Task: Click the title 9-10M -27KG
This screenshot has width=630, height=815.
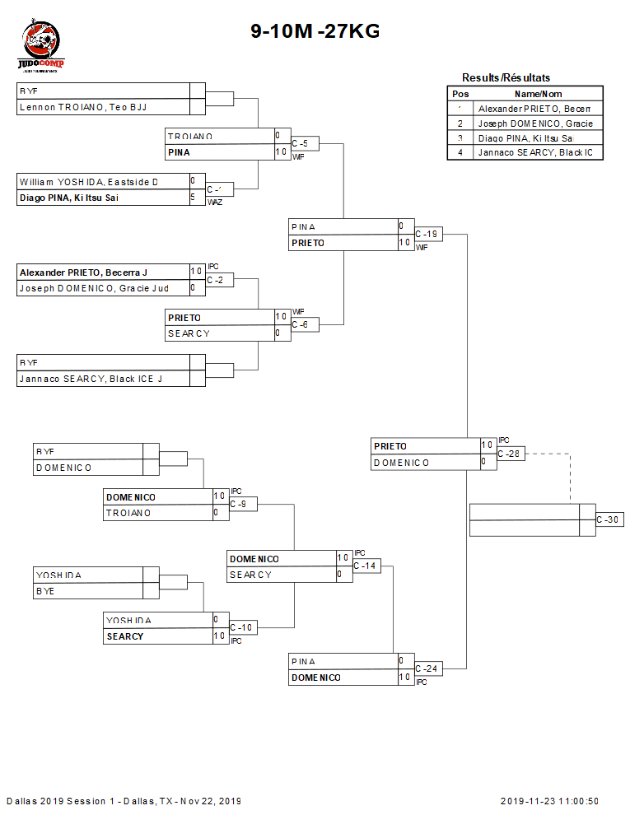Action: [x=315, y=32]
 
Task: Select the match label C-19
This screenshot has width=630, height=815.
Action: [x=427, y=235]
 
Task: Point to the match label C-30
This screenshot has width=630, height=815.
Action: [x=608, y=520]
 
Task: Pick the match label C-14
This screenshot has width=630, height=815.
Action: [x=366, y=566]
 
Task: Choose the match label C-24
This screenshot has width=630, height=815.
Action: [x=428, y=668]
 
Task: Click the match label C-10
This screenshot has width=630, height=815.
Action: [x=242, y=628]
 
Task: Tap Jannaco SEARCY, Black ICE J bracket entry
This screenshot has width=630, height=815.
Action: [x=91, y=379]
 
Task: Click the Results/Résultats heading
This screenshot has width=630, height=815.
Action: [x=506, y=77]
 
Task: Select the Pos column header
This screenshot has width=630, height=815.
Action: [x=460, y=94]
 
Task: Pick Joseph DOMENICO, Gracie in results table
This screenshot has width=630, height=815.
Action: [x=536, y=123]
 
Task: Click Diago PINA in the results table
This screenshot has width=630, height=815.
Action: [x=526, y=138]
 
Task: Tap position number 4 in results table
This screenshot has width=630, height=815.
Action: [x=460, y=152]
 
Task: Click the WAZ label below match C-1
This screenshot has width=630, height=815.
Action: [x=214, y=202]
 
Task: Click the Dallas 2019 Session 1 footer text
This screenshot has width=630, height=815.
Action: [x=124, y=801]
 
